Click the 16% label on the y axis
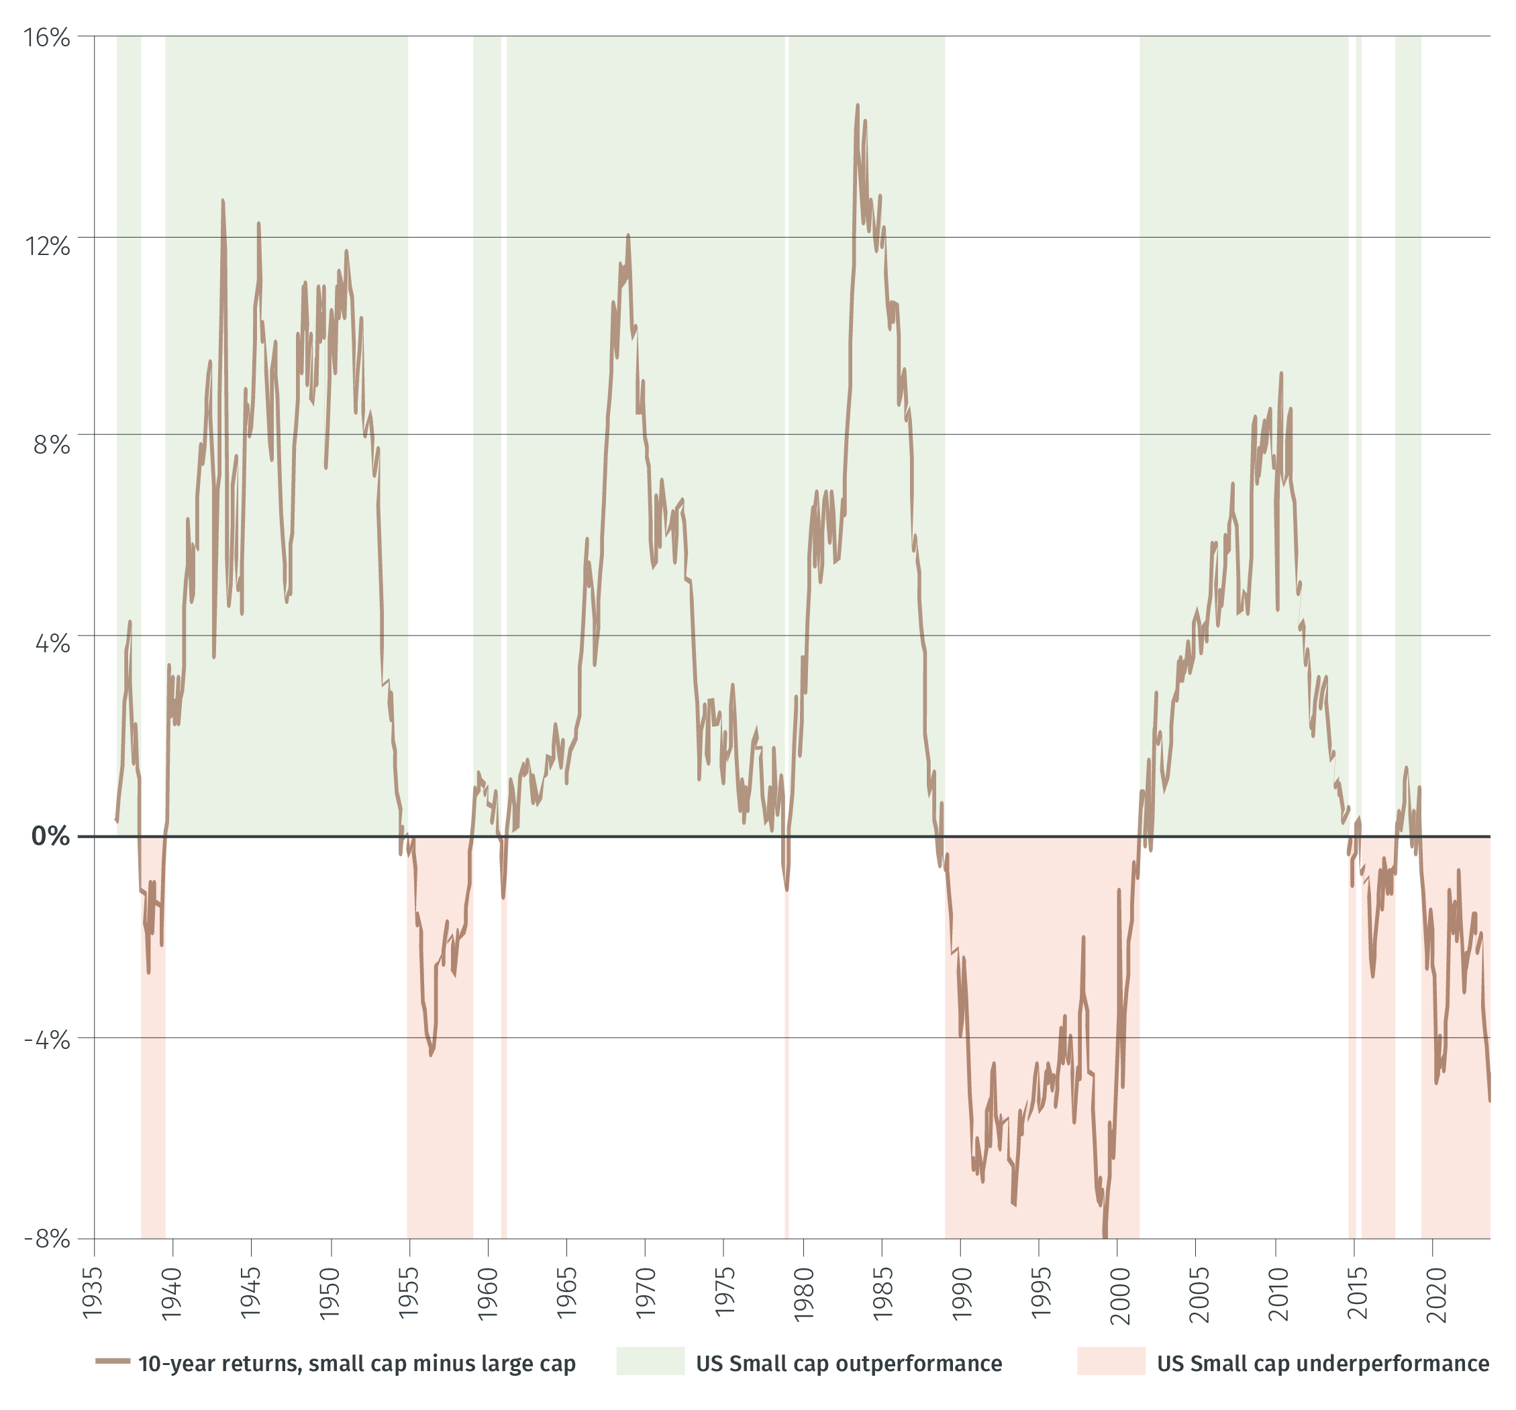point(47,38)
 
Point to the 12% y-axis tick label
point(47,246)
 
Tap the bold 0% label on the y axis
point(50,837)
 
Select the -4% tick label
point(47,1040)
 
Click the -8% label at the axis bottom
point(47,1238)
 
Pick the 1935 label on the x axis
point(93,1293)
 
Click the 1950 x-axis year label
point(330,1293)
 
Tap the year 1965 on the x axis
point(566,1293)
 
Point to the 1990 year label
point(962,1293)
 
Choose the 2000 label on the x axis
point(1119,1293)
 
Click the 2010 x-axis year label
point(1277,1293)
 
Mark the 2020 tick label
point(1435,1293)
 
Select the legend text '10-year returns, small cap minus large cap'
point(357,1364)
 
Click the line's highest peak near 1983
point(857,106)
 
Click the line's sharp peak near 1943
point(223,201)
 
